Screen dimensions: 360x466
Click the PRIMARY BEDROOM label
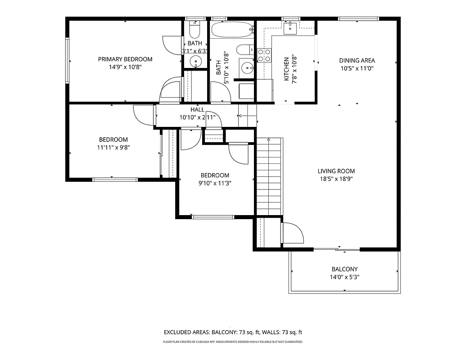[x=125, y=59]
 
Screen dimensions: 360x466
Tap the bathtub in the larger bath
[x=232, y=30]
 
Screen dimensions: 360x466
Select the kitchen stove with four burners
[x=264, y=55]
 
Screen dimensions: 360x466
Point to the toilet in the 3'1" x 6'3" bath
[x=195, y=30]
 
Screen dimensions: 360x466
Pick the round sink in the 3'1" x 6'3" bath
[x=196, y=61]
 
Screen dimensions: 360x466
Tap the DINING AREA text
[x=357, y=60]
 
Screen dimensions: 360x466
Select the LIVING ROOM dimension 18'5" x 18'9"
[x=336, y=179]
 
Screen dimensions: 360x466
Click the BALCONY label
[x=344, y=269]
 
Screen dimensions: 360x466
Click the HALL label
[x=197, y=109]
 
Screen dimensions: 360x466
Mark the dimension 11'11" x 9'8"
[x=113, y=147]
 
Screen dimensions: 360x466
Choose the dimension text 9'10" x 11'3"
[x=215, y=183]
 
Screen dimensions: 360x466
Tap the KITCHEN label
[x=286, y=69]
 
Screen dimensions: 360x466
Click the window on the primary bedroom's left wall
[x=68, y=60]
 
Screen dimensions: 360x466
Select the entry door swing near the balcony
[x=293, y=233]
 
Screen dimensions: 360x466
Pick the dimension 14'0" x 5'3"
[x=344, y=277]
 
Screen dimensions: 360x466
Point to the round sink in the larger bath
[x=247, y=68]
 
